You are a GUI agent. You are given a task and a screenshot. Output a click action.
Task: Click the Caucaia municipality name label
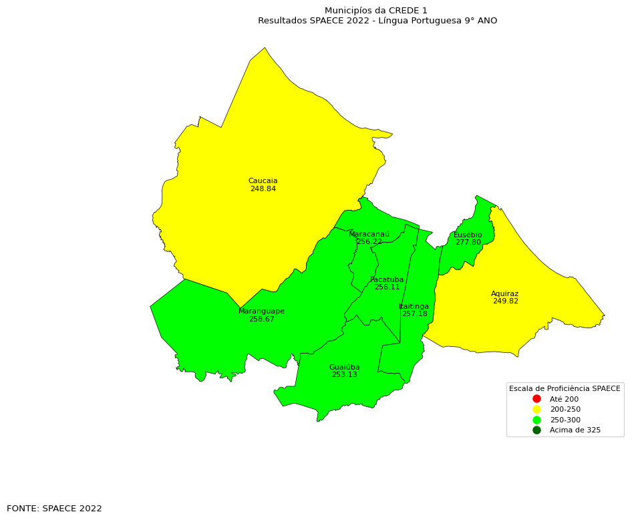pos(263,181)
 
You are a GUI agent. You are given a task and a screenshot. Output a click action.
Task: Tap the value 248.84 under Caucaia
pos(263,189)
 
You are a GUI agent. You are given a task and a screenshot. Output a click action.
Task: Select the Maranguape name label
pos(261,311)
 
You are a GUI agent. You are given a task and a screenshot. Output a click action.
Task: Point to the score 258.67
pos(261,319)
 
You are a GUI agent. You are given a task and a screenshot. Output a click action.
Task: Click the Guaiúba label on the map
pos(344,368)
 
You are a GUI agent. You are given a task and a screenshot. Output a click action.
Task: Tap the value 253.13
pos(344,375)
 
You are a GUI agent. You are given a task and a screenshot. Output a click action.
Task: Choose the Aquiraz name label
pos(504,294)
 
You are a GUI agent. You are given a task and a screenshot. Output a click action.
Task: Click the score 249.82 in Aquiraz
pos(505,301)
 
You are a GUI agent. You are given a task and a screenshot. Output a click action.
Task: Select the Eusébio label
pos(468,235)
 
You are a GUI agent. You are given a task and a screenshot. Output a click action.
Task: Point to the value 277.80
pos(468,243)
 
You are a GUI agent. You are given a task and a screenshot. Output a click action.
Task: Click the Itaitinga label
pos(414,307)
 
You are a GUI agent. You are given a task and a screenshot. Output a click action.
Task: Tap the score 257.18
pos(414,314)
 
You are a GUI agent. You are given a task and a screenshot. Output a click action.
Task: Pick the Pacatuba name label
pos(387,280)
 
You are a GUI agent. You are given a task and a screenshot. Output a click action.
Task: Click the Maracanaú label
pos(369,235)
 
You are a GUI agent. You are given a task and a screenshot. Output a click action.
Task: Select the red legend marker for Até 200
pos(536,399)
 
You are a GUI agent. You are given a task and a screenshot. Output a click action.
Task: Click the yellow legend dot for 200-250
pos(536,409)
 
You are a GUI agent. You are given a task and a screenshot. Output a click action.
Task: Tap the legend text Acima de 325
pos(575,430)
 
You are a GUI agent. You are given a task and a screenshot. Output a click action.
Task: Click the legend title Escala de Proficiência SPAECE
pos(565,388)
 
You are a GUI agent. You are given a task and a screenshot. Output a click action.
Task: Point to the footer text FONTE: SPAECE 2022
pos(54,509)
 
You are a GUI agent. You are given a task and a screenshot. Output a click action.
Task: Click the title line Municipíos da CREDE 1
pos(375,11)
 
